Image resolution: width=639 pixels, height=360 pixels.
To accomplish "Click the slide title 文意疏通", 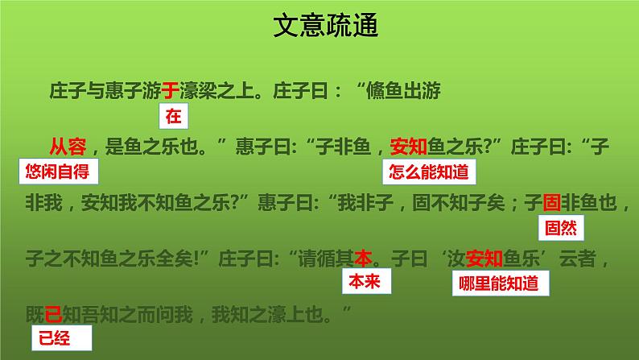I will [x=319, y=27].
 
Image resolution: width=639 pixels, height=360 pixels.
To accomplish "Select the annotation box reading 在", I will [x=173, y=118].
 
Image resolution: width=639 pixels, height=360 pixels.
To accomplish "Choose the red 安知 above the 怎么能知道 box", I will [x=409, y=146].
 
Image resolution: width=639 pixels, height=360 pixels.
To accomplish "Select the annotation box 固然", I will [x=560, y=227].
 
